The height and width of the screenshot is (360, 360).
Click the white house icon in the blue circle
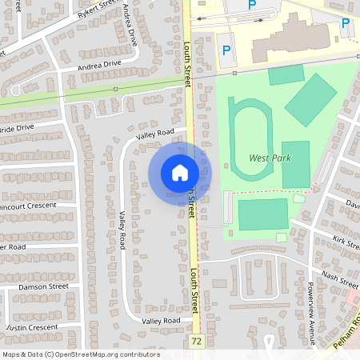coord(180,172)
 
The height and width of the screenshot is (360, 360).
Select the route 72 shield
coord(197,342)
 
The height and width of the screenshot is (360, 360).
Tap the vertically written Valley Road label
coord(122,230)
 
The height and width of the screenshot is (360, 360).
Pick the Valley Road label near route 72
coord(161,321)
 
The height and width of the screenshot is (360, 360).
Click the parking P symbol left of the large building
coord(226,50)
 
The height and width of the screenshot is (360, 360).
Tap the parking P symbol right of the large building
coord(346,23)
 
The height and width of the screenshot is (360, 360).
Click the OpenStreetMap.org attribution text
coord(81,354)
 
